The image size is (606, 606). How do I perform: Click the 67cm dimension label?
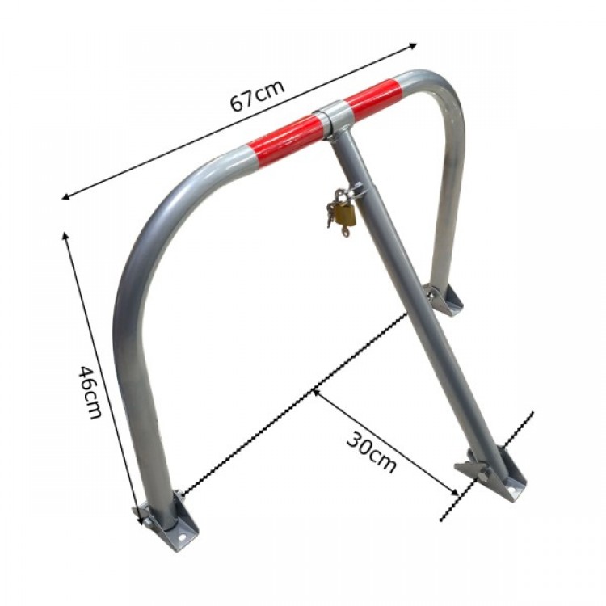click(258, 95)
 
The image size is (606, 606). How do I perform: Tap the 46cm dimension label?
click(90, 392)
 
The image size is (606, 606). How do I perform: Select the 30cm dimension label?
click(372, 452)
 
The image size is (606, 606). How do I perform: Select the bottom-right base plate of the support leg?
click(490, 475)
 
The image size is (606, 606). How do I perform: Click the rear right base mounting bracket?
click(444, 300)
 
